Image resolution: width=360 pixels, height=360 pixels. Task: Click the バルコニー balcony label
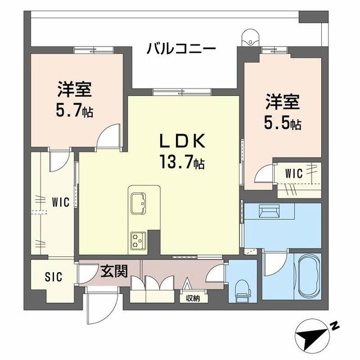pos(181,48)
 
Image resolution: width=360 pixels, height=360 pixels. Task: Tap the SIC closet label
pos(54,277)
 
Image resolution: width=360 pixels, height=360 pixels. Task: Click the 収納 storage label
pos(192,298)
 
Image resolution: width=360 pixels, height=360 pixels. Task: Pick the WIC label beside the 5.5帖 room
pos(294,174)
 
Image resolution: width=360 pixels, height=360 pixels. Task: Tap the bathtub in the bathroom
pos(307,278)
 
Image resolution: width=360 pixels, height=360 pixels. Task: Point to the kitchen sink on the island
pos(138,202)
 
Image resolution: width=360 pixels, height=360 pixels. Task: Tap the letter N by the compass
pos(334,325)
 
